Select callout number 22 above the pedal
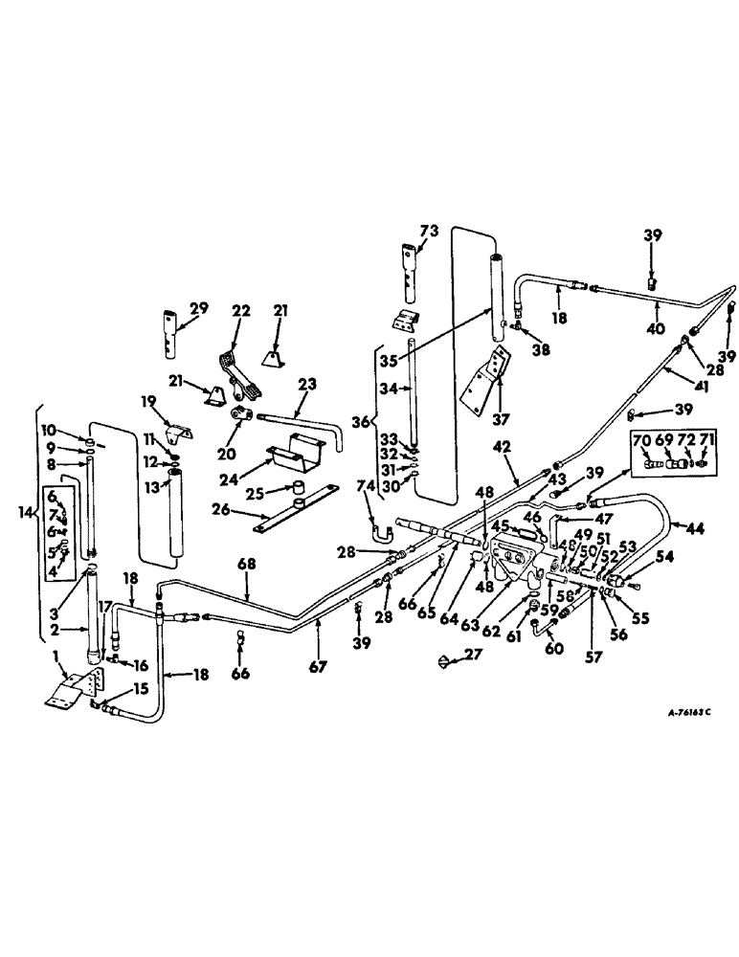240,311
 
